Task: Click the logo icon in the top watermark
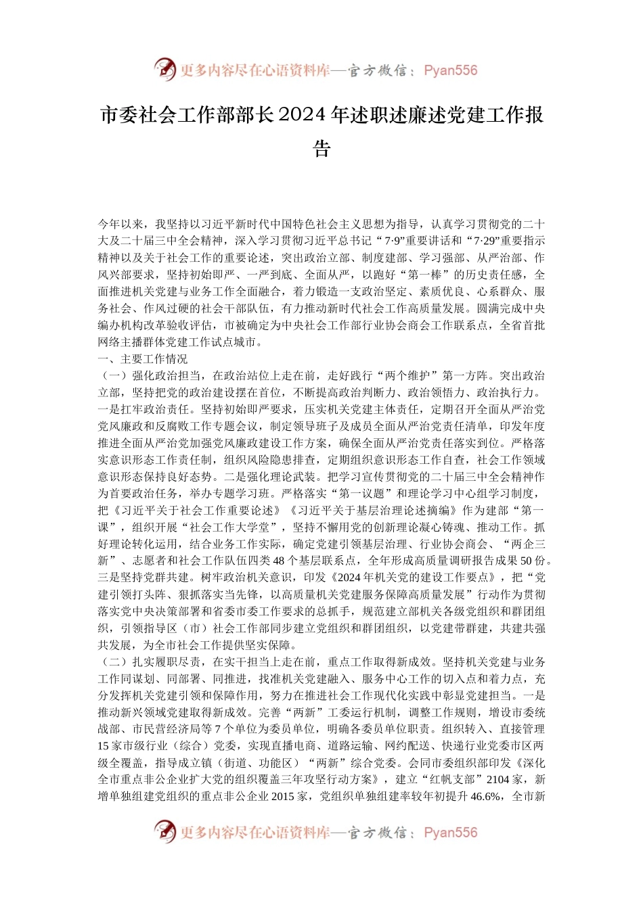pos(164,69)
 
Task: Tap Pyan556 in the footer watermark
pos(450,833)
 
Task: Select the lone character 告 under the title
pos(321,148)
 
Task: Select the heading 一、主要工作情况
pos(143,359)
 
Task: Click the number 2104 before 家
pos(497,780)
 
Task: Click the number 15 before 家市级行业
pos(104,746)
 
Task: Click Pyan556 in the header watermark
pos(450,70)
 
